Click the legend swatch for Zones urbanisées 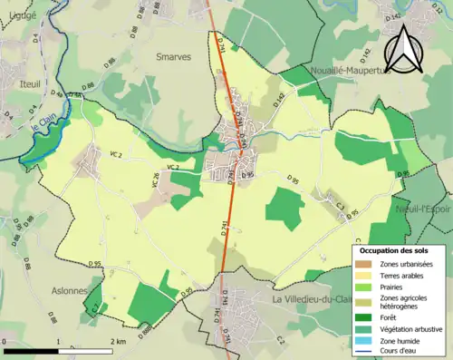[364, 264]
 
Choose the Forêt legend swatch [364, 317]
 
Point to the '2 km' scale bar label [118, 342]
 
